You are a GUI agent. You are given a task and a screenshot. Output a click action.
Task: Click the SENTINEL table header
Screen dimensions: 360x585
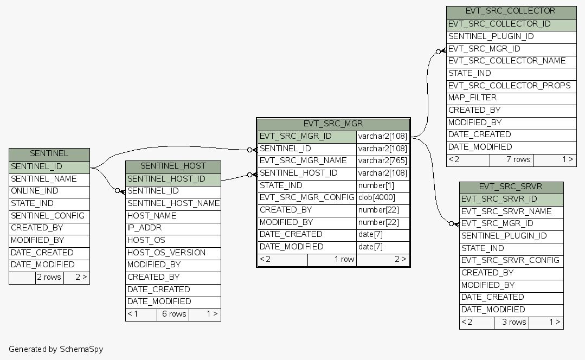point(49,154)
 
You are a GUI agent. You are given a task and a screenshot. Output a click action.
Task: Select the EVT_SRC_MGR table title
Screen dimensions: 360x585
point(333,124)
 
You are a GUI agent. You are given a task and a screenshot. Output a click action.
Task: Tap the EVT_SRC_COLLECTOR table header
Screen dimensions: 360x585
point(510,11)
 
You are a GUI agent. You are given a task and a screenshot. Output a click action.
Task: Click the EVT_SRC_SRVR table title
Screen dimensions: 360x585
point(511,187)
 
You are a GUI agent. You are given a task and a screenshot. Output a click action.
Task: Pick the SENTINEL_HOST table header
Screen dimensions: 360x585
point(173,166)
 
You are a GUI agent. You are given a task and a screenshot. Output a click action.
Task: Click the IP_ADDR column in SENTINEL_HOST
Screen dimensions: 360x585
point(173,228)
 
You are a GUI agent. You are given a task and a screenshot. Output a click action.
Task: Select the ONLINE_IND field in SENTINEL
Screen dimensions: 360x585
point(49,191)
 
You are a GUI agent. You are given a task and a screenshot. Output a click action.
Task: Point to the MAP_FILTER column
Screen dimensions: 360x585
point(510,98)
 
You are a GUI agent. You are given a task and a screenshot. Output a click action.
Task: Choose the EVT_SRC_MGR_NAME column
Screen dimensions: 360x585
point(306,160)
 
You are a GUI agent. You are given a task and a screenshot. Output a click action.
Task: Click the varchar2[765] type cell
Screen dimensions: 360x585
point(382,160)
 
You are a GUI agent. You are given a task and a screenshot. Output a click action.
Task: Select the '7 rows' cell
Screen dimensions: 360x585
point(511,159)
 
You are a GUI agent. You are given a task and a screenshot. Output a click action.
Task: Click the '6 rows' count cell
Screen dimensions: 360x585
point(173,314)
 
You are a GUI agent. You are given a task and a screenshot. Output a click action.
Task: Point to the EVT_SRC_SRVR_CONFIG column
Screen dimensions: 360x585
point(511,260)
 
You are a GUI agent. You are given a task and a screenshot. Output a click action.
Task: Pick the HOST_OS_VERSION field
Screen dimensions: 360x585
point(173,252)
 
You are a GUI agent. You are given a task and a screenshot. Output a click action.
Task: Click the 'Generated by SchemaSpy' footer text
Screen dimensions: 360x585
point(56,349)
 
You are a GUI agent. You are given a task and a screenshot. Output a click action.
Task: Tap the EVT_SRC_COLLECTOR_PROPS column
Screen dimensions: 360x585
point(510,86)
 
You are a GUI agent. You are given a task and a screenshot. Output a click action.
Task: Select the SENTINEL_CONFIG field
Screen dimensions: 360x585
point(49,215)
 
